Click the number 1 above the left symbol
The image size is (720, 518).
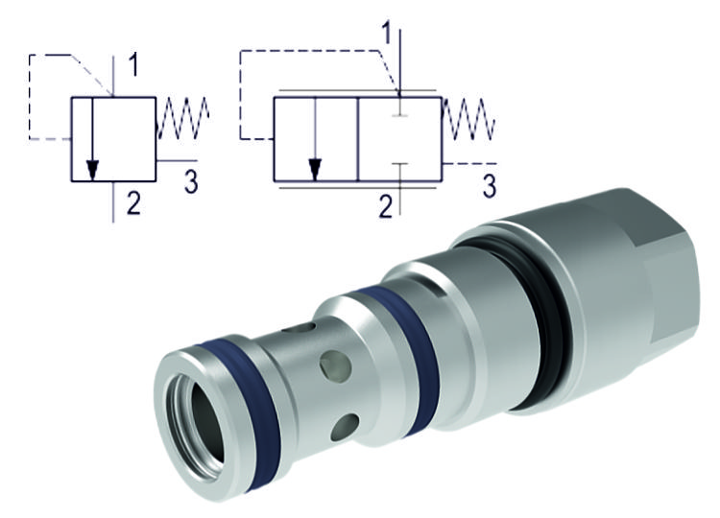click(133, 66)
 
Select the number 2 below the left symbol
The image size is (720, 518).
click(133, 202)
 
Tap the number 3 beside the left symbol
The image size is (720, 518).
click(191, 181)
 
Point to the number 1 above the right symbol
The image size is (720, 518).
click(387, 34)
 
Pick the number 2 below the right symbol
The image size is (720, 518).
click(385, 205)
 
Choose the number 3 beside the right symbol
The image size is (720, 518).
click(489, 185)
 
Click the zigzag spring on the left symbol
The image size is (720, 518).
click(182, 119)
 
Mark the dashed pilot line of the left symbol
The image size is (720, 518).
click(38, 96)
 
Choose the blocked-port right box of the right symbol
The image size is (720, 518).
click(398, 139)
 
